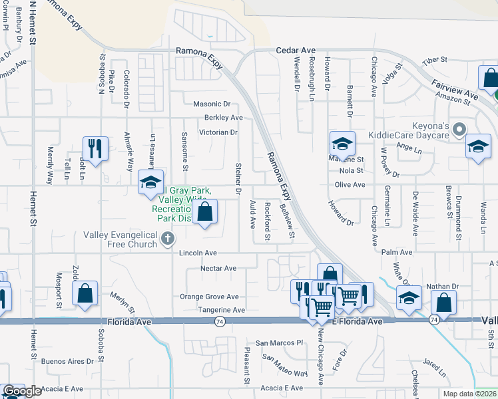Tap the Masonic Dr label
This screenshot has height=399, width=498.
coord(211,104)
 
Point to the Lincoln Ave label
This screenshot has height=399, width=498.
coord(198,253)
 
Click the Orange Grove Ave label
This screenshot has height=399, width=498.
coord(209,297)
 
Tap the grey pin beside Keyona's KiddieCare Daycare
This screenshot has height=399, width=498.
coord(458,128)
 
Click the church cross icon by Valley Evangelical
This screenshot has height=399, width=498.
coord(168,238)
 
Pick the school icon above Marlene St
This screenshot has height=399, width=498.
coord(342,144)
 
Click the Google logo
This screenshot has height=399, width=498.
coord(22,391)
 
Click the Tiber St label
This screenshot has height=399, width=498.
coord(437,60)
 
